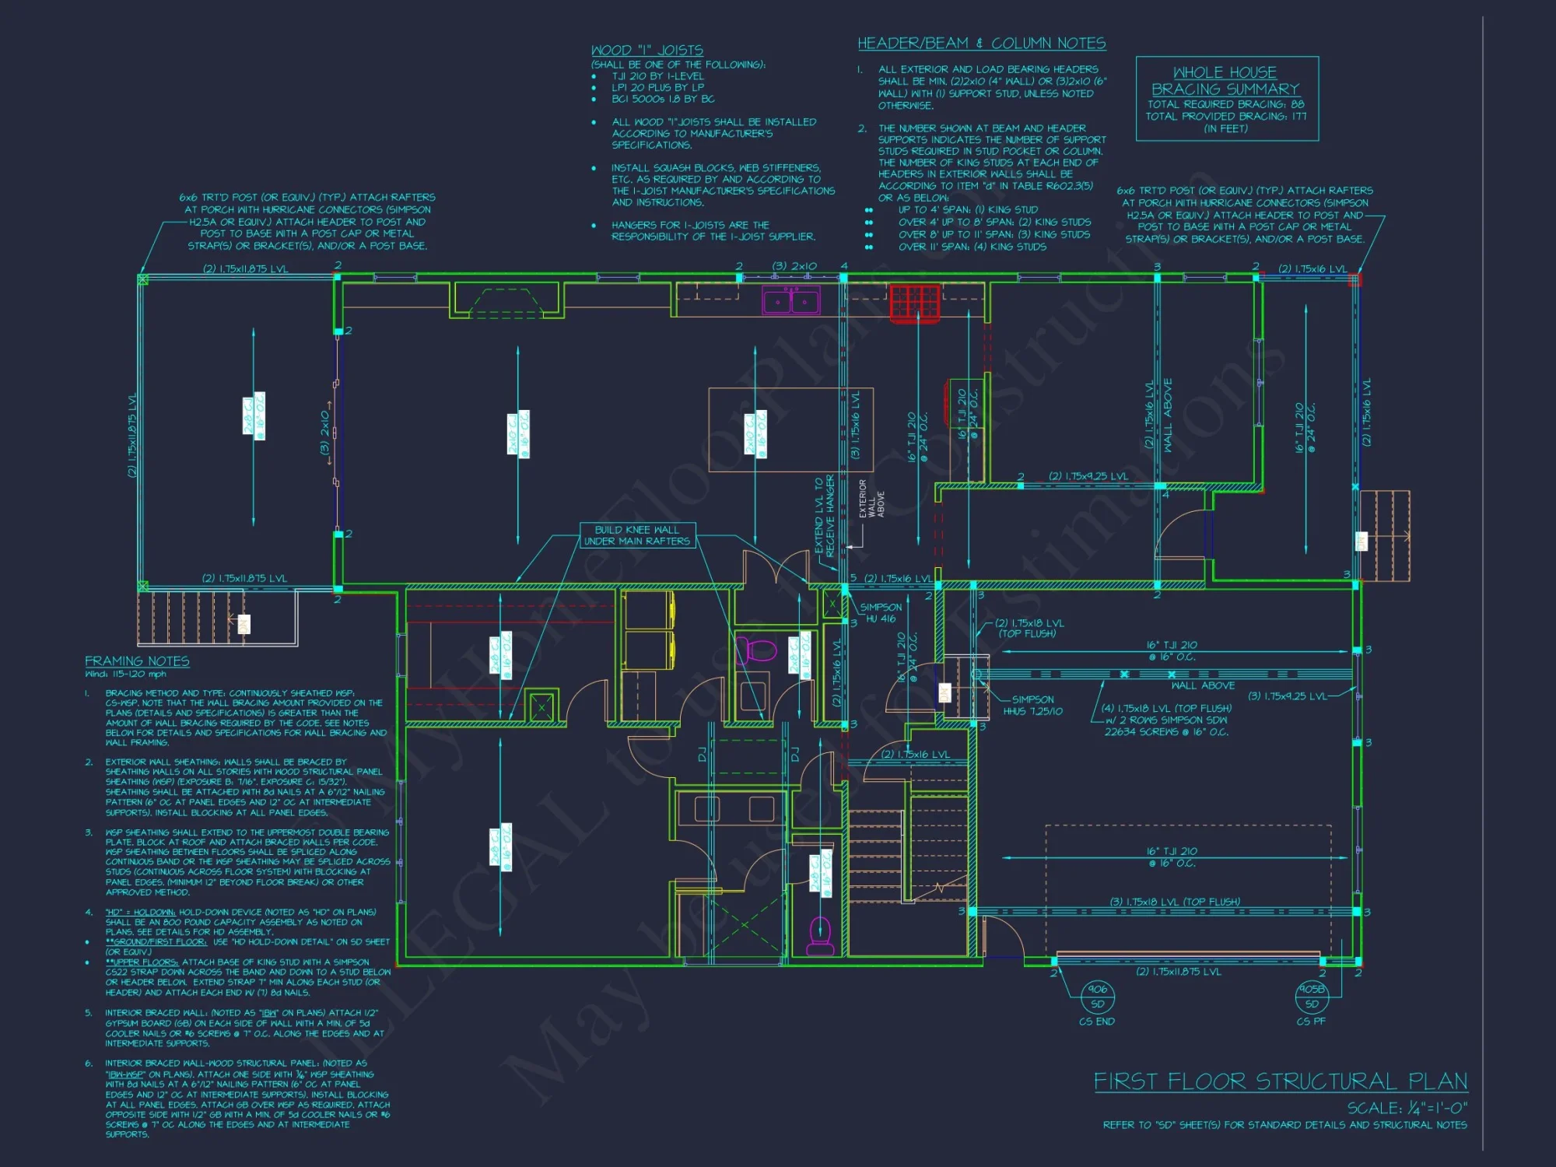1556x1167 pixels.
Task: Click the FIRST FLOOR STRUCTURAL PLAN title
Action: [x=1280, y=1081]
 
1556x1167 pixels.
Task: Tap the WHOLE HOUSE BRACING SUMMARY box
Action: [x=1227, y=99]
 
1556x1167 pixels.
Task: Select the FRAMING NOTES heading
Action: [x=137, y=661]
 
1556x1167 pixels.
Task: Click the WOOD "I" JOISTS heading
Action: [x=647, y=51]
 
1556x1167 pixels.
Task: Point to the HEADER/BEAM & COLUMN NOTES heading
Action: [x=981, y=44]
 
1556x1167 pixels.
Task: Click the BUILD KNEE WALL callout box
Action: [x=636, y=535]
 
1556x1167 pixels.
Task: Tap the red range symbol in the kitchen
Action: [x=915, y=302]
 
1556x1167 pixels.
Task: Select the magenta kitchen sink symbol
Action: [x=790, y=301]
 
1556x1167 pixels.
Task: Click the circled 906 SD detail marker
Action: [x=1098, y=997]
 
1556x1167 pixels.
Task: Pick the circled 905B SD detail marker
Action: [x=1312, y=997]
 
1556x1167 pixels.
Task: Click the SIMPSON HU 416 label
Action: [x=881, y=613]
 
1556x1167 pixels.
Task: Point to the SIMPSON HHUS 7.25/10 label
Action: [x=1032, y=706]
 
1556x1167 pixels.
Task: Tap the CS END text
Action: [x=1096, y=1022]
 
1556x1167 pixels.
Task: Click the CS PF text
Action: [x=1311, y=1022]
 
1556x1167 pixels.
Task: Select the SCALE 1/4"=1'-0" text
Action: [x=1407, y=1108]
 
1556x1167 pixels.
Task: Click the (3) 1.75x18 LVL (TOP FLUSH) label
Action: [x=1175, y=902]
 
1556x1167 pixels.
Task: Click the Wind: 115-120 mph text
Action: [x=125, y=674]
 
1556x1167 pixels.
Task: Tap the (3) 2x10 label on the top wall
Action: [x=794, y=266]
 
